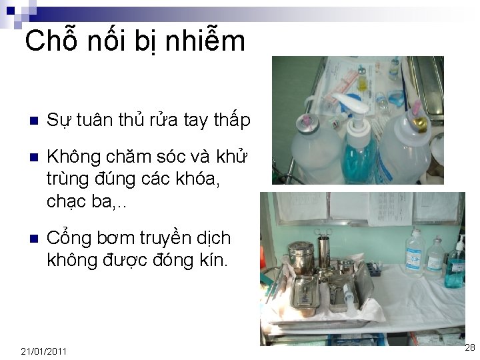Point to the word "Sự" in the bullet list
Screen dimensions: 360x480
59,121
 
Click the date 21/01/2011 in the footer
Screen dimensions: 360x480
43,351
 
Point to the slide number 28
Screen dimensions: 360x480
469,347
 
